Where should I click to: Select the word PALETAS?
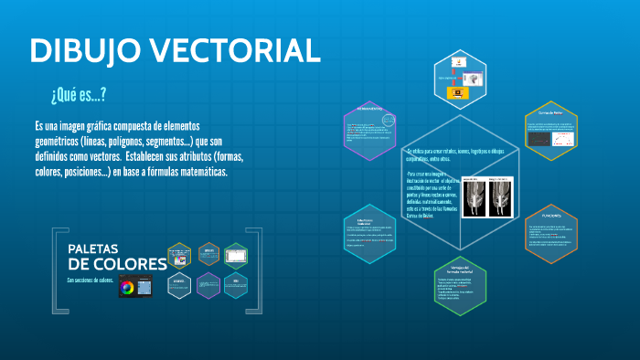click(x=99, y=249)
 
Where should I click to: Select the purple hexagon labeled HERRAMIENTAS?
click(x=370, y=131)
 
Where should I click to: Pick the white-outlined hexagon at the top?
click(x=460, y=79)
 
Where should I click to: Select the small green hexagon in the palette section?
click(x=237, y=254)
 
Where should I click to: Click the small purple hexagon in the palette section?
click(x=208, y=285)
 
